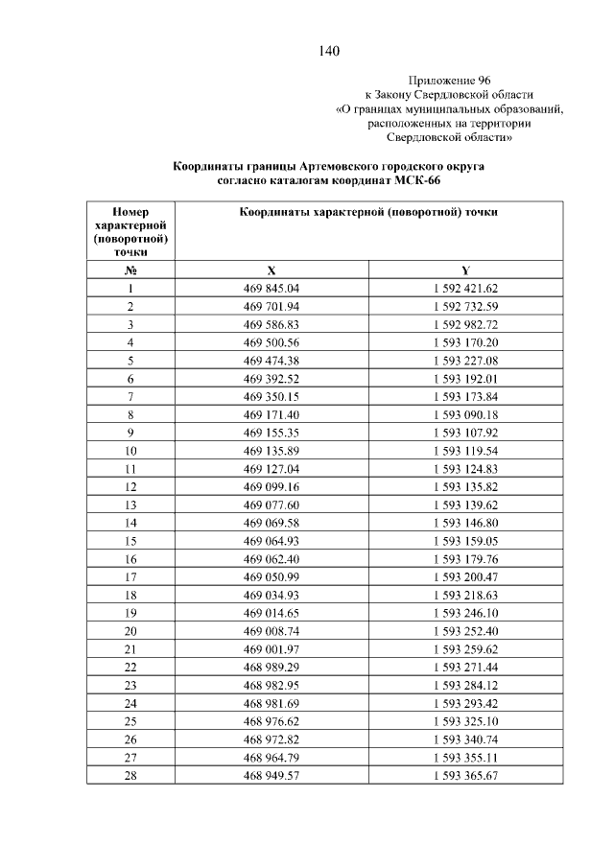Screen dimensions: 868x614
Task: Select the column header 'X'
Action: (272, 270)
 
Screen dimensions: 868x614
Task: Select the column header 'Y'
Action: (465, 270)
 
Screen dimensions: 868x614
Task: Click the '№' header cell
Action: (130, 270)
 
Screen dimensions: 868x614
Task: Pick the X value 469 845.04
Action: (272, 289)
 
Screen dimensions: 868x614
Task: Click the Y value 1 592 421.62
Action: (465, 289)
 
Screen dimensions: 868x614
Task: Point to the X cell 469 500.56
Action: (272, 342)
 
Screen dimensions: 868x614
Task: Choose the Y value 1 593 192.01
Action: (465, 379)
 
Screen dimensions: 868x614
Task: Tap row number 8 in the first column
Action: (130, 414)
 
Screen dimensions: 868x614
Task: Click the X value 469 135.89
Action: (272, 451)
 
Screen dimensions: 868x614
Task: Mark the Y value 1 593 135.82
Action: (465, 486)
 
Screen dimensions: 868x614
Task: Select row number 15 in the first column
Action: (130, 540)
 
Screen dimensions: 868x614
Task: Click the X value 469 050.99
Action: (272, 576)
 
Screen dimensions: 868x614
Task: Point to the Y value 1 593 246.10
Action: (465, 612)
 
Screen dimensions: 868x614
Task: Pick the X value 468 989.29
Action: (272, 667)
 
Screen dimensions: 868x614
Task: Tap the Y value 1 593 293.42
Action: (465, 702)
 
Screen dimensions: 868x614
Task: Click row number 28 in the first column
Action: (130, 774)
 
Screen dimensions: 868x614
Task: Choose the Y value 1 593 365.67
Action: (465, 774)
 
